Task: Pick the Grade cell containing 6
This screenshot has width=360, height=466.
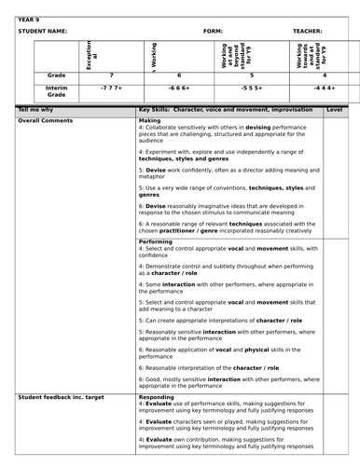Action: pos(180,74)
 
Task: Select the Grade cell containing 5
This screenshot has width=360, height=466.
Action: pos(252,74)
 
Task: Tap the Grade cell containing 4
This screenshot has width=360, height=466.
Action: pos(324,74)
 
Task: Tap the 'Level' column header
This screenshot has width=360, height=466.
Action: pos(335,109)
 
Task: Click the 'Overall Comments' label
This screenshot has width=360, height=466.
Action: pos(46,120)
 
